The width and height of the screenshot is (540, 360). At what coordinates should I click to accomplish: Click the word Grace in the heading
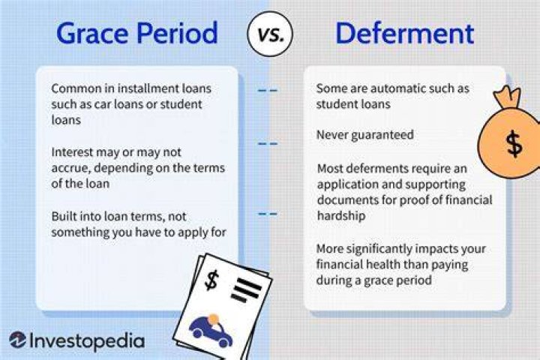tap(93, 34)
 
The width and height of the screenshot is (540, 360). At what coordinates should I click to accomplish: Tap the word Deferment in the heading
tap(405, 33)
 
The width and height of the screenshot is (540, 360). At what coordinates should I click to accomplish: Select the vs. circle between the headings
tap(270, 34)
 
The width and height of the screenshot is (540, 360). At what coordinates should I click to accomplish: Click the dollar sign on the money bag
tap(514, 144)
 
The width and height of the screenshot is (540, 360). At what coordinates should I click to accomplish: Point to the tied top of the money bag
tap(507, 96)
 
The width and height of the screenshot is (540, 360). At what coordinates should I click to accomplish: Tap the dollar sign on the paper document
tap(211, 280)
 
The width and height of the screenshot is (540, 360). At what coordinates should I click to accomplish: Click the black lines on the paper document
tap(245, 290)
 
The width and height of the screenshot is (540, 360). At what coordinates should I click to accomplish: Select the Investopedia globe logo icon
tap(17, 340)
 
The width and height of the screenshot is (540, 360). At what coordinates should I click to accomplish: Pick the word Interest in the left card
tap(72, 152)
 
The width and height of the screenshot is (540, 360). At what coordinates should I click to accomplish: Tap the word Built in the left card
tap(63, 216)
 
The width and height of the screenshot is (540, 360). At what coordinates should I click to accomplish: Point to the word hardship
tap(341, 216)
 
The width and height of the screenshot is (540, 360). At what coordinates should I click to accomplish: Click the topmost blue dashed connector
tap(268, 91)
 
